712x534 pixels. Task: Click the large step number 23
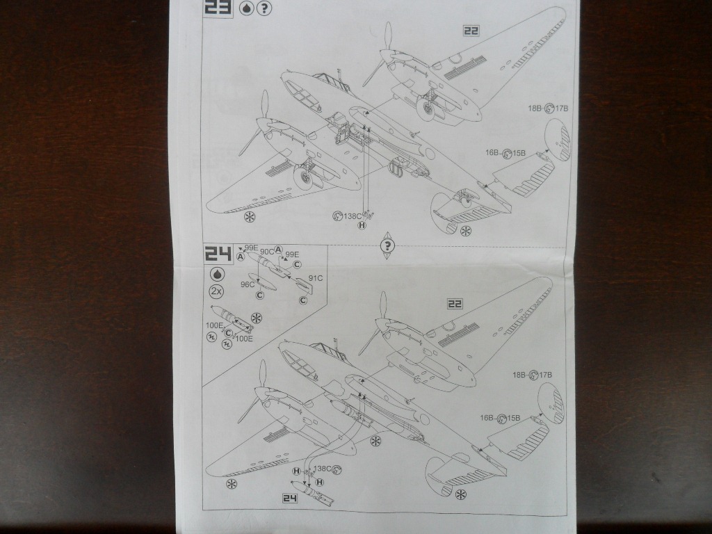point(217,8)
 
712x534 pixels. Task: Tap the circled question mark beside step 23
point(264,8)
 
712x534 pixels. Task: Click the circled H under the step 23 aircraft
point(362,225)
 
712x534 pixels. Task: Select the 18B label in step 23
point(535,108)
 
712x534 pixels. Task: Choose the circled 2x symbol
point(216,291)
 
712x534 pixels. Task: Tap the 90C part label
point(266,251)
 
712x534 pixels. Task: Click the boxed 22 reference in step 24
point(455,304)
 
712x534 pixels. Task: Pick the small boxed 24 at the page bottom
point(289,497)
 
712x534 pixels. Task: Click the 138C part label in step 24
point(323,469)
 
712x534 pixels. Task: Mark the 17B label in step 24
point(544,375)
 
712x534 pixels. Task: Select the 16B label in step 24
point(487,418)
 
